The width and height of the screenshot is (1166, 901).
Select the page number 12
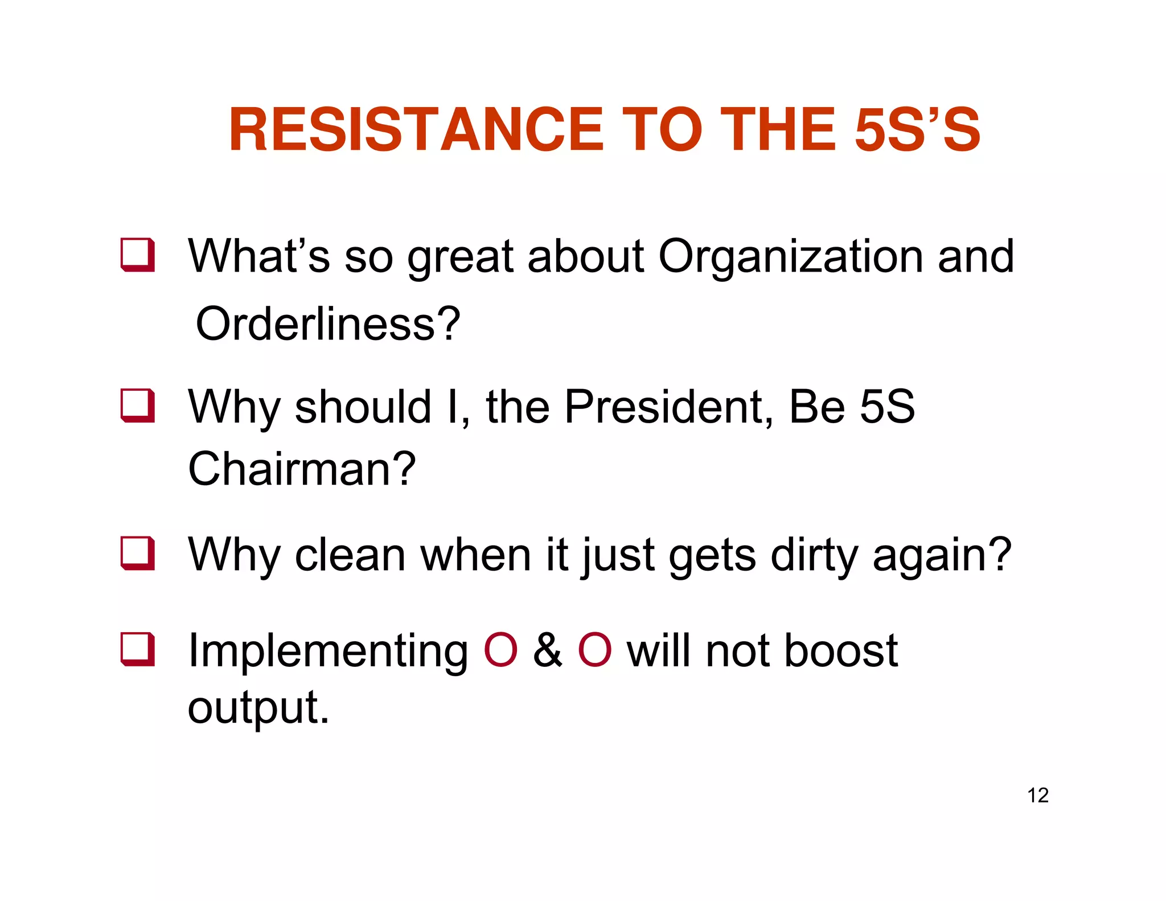pos(1037,795)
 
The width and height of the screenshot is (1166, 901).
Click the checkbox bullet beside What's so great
pos(138,255)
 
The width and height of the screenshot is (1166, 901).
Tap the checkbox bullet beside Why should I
pos(138,406)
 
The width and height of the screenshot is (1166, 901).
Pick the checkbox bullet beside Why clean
pos(138,553)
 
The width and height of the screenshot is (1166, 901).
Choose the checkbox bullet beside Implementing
pos(138,649)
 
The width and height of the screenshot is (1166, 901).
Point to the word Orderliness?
pos(327,324)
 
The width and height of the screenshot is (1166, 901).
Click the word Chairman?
pos(302,469)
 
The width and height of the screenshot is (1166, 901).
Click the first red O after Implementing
pos(500,650)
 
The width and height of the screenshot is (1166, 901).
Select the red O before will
pos(594,650)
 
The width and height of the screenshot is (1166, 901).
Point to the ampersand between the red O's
pos(547,650)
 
